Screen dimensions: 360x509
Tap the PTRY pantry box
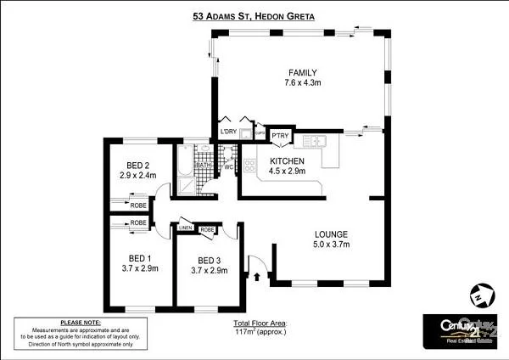[279, 135]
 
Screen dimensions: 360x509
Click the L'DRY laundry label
[227, 132]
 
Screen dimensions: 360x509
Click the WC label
[228, 167]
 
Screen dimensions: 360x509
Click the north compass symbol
[481, 296]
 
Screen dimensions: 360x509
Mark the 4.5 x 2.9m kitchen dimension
[287, 172]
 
